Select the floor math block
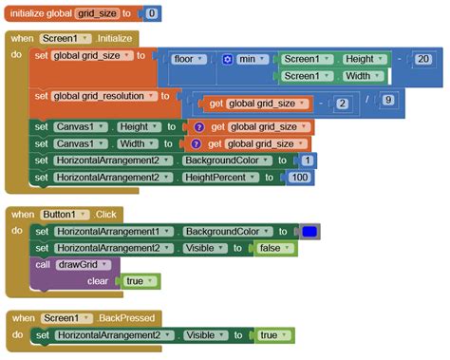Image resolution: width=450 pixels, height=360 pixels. tap(184, 58)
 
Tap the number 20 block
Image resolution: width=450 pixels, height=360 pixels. tap(423, 58)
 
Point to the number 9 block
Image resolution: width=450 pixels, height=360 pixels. tap(387, 98)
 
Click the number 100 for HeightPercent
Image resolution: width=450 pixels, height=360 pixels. tap(301, 178)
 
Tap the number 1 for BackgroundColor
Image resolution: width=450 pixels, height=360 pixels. tap(309, 161)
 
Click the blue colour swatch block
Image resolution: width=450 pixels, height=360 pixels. tap(309, 231)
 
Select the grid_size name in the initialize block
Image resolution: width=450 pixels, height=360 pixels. tap(104, 14)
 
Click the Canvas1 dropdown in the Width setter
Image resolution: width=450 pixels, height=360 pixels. tap(83, 143)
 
